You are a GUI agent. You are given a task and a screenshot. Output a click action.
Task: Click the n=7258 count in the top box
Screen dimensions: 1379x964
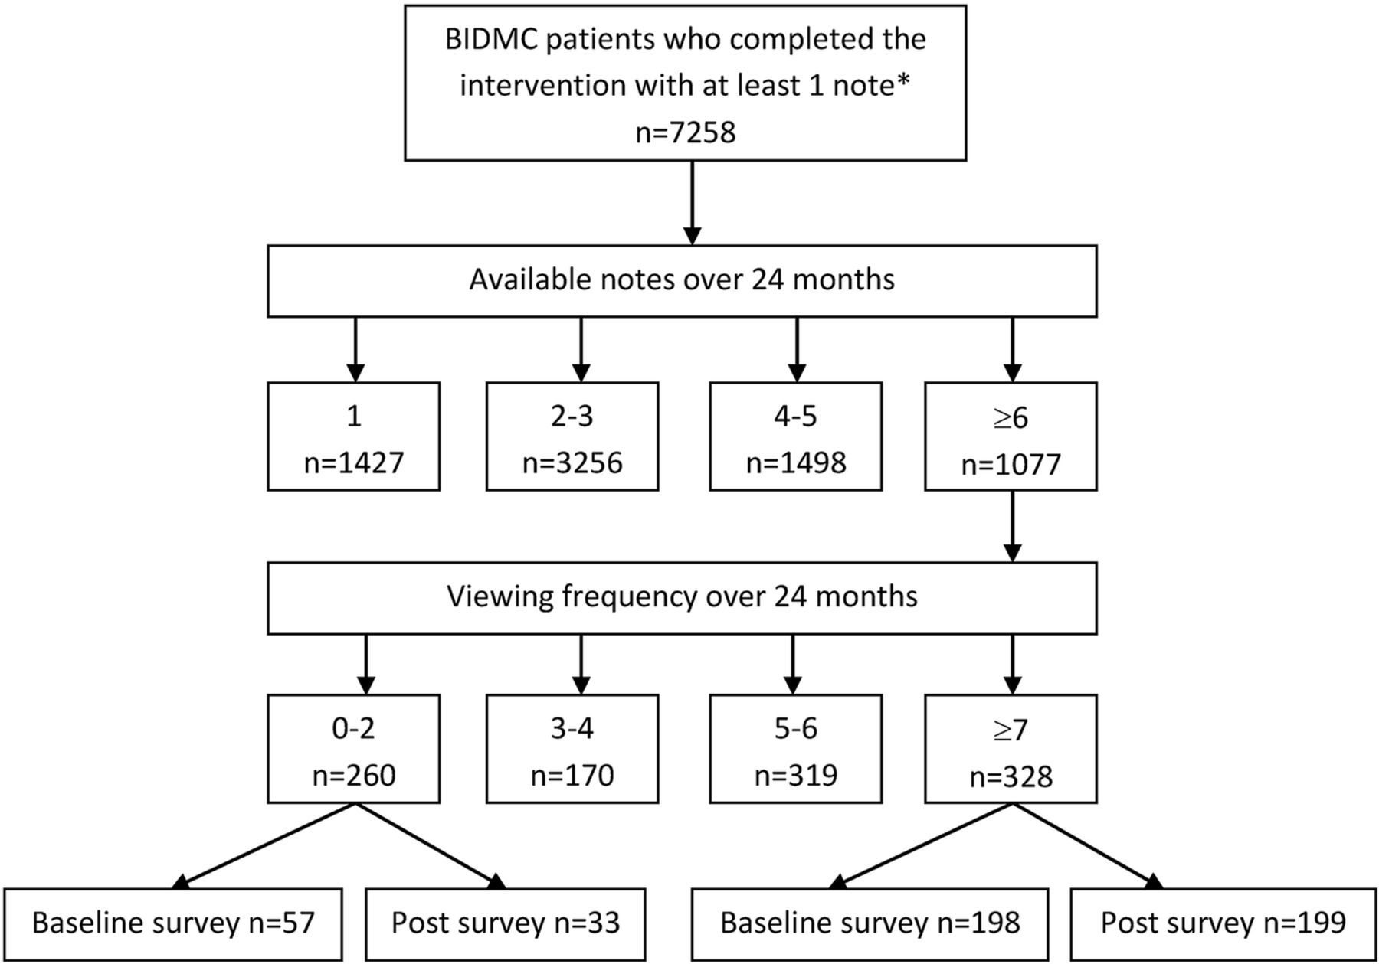pyautogui.click(x=686, y=132)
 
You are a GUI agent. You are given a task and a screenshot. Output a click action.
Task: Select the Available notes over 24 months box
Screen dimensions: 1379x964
pyautogui.click(x=682, y=281)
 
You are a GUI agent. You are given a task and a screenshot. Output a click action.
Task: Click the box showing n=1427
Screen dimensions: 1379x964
pyautogui.click(x=353, y=436)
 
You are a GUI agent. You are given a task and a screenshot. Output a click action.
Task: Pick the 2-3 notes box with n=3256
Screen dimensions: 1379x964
pyautogui.click(x=572, y=436)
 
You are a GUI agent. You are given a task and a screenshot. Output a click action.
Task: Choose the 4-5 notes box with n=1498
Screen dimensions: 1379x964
pyautogui.click(x=796, y=436)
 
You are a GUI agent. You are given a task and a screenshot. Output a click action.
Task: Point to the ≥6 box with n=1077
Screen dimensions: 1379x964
pyautogui.click(x=1011, y=436)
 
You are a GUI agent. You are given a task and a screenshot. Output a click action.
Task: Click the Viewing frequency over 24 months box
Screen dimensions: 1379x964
pyautogui.click(x=682, y=598)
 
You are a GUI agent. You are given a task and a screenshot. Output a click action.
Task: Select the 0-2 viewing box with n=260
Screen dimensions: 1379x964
pyautogui.click(x=353, y=749)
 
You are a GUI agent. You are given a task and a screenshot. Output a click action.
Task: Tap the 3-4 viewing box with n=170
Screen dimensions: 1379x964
pyautogui.click(x=572, y=749)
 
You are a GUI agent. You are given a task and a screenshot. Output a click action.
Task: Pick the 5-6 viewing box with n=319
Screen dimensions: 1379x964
pyautogui.click(x=796, y=749)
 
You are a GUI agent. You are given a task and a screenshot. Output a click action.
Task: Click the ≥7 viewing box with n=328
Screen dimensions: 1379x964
pyautogui.click(x=1011, y=749)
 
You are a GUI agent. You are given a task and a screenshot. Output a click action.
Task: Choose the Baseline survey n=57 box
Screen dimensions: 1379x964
pyautogui.click(x=173, y=924)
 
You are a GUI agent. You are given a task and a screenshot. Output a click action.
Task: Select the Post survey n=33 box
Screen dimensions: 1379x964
pyautogui.click(x=506, y=924)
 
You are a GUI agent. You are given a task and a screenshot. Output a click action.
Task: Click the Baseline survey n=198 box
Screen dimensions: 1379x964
pyautogui.click(x=870, y=924)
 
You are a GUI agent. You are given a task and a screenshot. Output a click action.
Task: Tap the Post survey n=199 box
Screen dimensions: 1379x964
pyautogui.click(x=1223, y=924)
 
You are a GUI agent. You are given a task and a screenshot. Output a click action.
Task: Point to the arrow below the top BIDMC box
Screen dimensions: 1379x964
pyautogui.click(x=693, y=203)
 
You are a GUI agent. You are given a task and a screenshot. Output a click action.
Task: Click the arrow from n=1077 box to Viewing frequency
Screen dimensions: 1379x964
pyautogui.click(x=1013, y=527)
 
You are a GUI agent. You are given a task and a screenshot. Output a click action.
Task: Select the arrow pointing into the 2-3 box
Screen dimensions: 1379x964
pyautogui.click(x=581, y=350)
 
